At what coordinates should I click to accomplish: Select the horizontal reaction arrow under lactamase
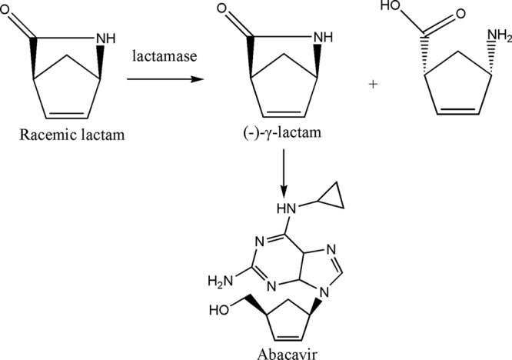point(158,78)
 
